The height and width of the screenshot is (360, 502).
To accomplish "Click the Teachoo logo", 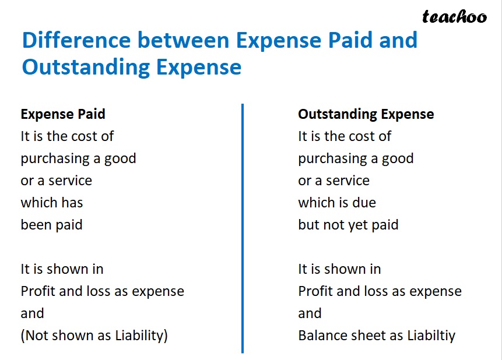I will pos(454,17).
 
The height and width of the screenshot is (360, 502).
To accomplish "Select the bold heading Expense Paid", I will pos(63,114).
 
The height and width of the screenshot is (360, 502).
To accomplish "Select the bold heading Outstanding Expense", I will pos(366,114).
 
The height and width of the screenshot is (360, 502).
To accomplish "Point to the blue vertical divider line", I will pos(242,227).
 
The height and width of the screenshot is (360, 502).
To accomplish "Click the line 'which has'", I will pos(52,203).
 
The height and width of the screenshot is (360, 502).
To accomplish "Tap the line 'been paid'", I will pos(52,225).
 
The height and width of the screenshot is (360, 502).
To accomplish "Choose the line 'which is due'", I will pos(337,203).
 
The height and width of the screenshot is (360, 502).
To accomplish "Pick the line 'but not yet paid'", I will pos(348,225).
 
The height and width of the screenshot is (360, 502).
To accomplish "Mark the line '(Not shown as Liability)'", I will pos(94,336).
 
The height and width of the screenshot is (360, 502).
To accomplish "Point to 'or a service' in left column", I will pos(57,181).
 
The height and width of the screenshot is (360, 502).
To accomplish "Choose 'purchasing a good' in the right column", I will pos(356,158).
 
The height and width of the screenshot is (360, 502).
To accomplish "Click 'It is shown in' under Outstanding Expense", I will pos(339,269).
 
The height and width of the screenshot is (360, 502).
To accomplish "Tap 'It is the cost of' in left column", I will pos(67,136).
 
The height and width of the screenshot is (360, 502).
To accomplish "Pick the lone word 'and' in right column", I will pos(310,313).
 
